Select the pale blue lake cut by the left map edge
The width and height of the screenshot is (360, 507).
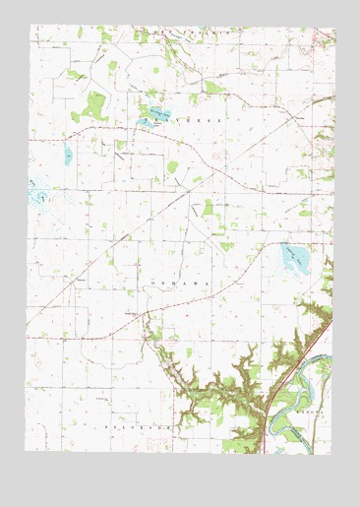coord(39,193)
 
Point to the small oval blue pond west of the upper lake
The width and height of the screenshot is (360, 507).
coord(68,155)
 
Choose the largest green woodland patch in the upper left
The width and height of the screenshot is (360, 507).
coord(96,103)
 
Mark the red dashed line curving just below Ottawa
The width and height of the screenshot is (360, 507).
coord(197,301)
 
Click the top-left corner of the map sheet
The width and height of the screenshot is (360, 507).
coord(30,25)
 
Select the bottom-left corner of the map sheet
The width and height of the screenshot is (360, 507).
coord(26,451)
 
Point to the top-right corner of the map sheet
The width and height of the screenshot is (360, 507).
coord(335,28)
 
